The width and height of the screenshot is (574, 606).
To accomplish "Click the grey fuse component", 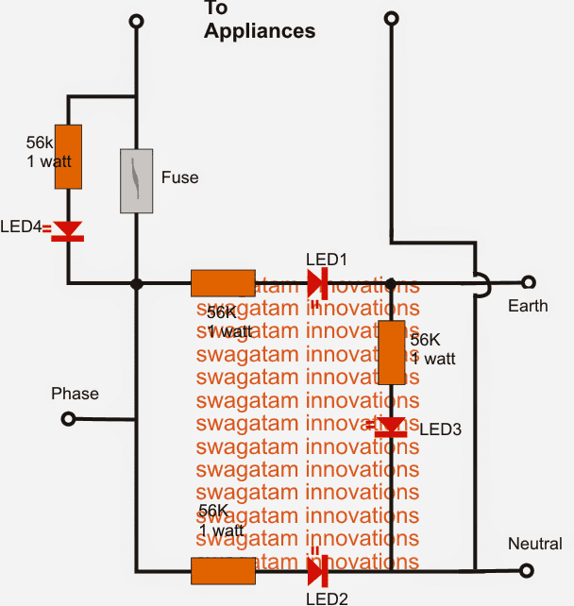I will pyautogui.click(x=137, y=179).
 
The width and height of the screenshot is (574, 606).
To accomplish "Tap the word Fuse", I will pyautogui.click(x=179, y=177).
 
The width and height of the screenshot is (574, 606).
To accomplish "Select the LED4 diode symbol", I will pyautogui.click(x=68, y=230).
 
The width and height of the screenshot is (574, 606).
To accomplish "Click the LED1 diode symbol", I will pyautogui.click(x=317, y=283).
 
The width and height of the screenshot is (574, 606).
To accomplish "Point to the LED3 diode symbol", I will pyautogui.click(x=392, y=427).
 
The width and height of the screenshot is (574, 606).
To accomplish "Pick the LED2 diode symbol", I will pyautogui.click(x=317, y=570).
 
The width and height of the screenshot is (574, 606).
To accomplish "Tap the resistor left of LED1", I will pyautogui.click(x=223, y=283).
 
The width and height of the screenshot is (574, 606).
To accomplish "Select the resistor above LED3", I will pyautogui.click(x=392, y=352).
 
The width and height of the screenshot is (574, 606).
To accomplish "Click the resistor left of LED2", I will pyautogui.click(x=223, y=571).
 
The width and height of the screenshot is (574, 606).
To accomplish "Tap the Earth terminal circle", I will pyautogui.click(x=529, y=282).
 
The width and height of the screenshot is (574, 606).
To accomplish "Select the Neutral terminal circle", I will pyautogui.click(x=529, y=570).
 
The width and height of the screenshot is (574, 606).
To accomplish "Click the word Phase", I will pyautogui.click(x=75, y=393).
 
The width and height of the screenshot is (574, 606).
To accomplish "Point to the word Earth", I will pyautogui.click(x=527, y=306).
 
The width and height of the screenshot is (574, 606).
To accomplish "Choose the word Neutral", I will pyautogui.click(x=535, y=544).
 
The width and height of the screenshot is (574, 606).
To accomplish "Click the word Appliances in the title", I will pyautogui.click(x=260, y=30).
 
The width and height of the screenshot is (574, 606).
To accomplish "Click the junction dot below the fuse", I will pyautogui.click(x=137, y=283).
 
